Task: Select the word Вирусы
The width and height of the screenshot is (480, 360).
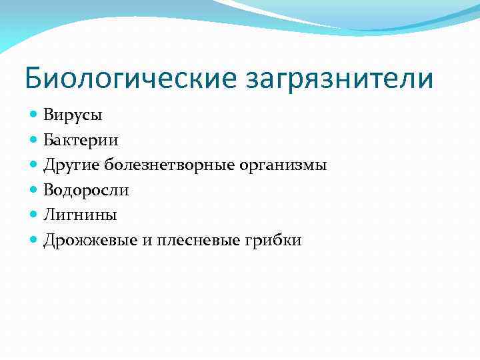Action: pyautogui.click(x=73, y=115)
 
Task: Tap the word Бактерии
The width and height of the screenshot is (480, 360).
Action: pyautogui.click(x=81, y=140)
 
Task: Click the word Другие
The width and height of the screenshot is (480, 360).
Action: pyautogui.click(x=72, y=165)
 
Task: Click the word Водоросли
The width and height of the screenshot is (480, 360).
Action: pyautogui.click(x=86, y=190)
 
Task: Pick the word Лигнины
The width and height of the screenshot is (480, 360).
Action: pyautogui.click(x=80, y=215)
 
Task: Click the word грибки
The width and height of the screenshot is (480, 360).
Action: pyautogui.click(x=276, y=241)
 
